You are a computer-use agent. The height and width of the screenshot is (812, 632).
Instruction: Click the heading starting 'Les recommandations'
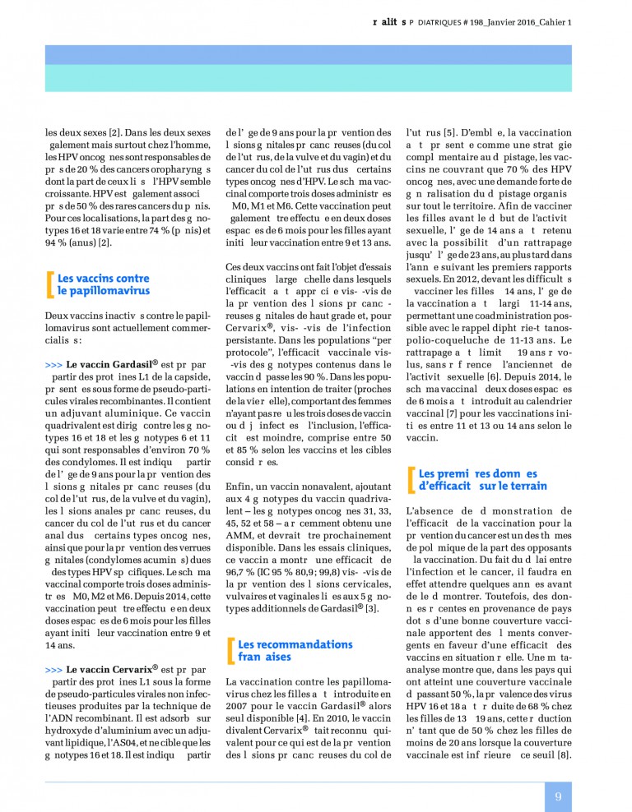coord(283,650)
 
